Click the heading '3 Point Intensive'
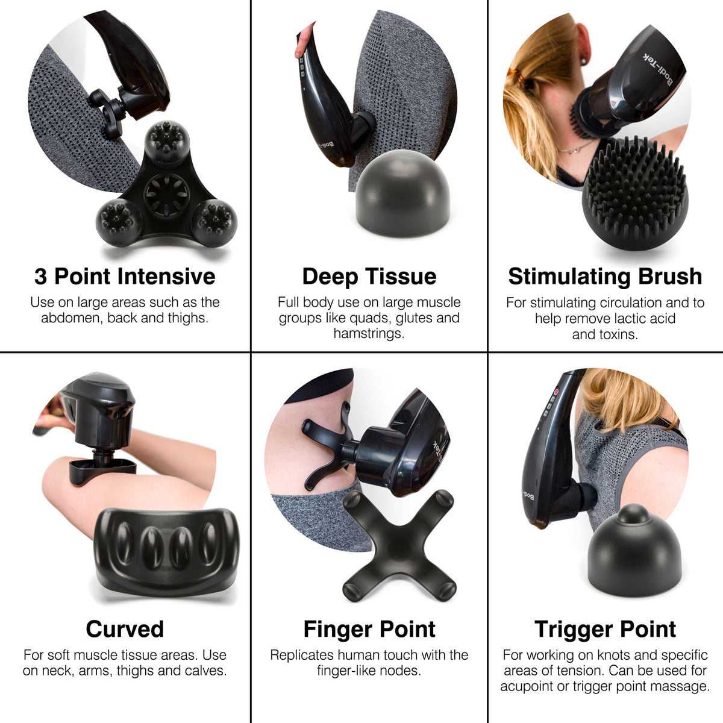click(125, 277)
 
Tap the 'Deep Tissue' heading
click(369, 277)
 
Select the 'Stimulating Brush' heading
click(605, 277)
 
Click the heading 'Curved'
click(125, 629)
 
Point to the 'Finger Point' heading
click(369, 629)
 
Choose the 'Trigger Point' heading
click(605, 629)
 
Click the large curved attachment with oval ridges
click(166, 549)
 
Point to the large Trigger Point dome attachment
click(634, 549)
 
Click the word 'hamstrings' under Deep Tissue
click(369, 333)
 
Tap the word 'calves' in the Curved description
click(202, 671)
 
